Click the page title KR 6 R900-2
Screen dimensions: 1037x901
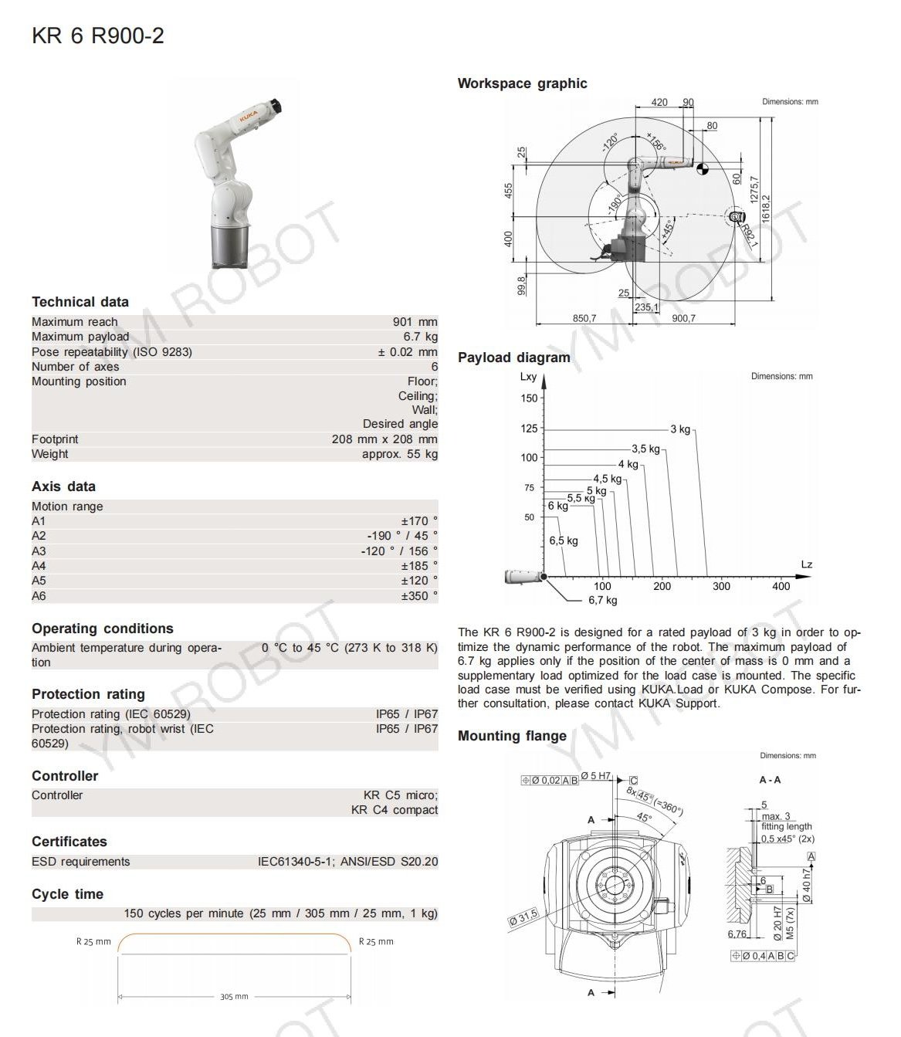coord(98,36)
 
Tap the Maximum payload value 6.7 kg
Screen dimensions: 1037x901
coord(420,337)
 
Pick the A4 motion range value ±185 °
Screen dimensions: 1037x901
coord(418,566)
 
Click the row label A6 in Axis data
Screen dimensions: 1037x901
coord(39,596)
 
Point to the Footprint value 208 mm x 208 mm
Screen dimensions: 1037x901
coord(384,439)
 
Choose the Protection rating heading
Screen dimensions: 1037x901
coord(88,694)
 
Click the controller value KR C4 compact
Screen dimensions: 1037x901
coord(394,810)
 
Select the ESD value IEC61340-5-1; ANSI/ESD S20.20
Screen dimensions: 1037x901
coord(347,862)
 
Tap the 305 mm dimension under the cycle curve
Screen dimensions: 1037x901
coord(234,997)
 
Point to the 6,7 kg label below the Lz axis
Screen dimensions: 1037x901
coord(603,600)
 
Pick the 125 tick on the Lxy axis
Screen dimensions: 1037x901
coord(528,429)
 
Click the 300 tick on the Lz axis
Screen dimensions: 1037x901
coord(721,586)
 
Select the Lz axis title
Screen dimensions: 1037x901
coord(806,564)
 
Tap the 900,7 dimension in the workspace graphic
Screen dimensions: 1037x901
coord(683,318)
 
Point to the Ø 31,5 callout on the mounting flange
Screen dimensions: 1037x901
coord(523,918)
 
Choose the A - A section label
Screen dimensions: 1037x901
coord(770,780)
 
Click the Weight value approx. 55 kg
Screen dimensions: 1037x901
coord(399,454)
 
